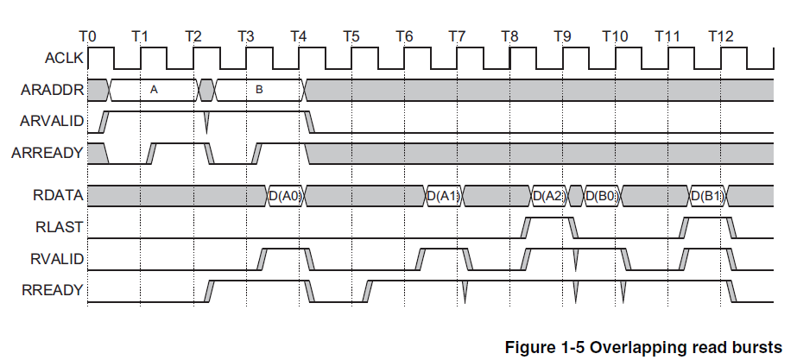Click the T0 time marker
87,36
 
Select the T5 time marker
351,36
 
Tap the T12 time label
720,36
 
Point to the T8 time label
509,36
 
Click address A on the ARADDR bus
154,89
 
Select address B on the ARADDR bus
258,89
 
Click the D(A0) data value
285,196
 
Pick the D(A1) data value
444,196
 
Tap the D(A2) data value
549,196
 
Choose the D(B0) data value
602,196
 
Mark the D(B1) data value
707,196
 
